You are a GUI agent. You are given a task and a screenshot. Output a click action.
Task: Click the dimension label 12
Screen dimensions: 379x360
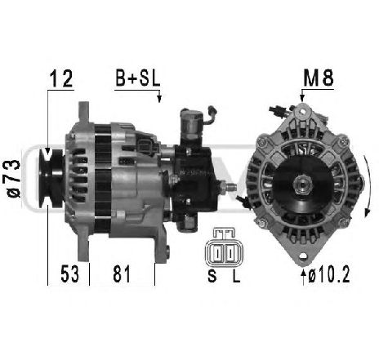pyautogui.click(x=61, y=78)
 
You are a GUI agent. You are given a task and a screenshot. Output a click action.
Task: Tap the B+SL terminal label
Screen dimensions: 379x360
pyautogui.click(x=138, y=78)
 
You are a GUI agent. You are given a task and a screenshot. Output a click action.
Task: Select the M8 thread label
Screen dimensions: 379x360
pyautogui.click(x=319, y=78)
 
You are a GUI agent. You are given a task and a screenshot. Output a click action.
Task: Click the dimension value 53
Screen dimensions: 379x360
pyautogui.click(x=69, y=273)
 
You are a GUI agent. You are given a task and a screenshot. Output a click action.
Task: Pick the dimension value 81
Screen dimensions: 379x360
pyautogui.click(x=122, y=273)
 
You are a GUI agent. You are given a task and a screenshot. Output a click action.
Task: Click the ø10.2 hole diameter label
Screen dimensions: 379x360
pyautogui.click(x=329, y=275)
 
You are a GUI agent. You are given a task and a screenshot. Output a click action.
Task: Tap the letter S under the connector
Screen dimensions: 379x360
pyautogui.click(x=212, y=276)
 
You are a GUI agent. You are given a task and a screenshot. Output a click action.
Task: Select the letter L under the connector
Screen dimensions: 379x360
pyautogui.click(x=236, y=276)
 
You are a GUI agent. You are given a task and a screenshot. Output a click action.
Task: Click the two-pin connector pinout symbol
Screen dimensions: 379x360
pyautogui.click(x=224, y=248)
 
